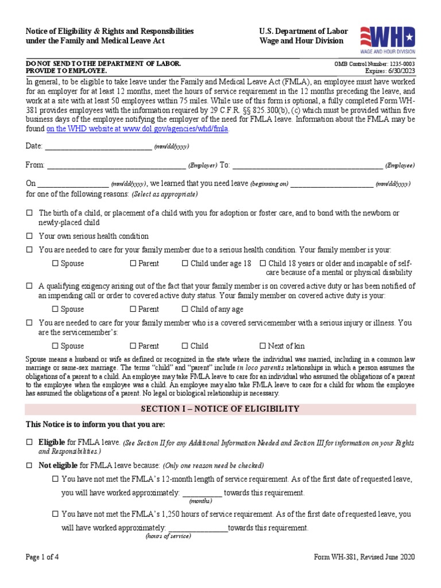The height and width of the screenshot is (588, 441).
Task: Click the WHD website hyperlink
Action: point(137,129)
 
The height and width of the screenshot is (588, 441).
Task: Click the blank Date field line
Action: point(98,147)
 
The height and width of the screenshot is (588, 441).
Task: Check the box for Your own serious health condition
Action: point(29,236)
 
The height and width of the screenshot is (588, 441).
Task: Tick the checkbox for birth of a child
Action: point(29,213)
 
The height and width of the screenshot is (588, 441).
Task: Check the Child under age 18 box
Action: point(185,264)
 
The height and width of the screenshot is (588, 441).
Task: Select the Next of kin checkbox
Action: point(263,346)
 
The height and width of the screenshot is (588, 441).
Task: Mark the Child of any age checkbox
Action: point(185,310)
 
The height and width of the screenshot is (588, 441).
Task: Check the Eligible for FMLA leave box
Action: point(29,443)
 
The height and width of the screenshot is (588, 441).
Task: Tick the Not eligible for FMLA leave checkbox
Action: point(29,465)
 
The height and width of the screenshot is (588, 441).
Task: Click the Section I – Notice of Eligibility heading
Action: point(220,409)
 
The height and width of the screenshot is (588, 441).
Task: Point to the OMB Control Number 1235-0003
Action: point(375,64)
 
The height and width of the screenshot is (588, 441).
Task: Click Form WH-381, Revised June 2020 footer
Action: point(364,557)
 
